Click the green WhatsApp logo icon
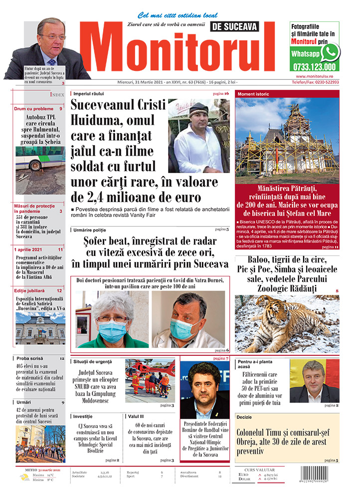330,52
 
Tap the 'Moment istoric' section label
253,94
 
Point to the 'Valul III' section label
136,416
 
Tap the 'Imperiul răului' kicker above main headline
88,93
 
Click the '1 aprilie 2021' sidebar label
29,249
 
